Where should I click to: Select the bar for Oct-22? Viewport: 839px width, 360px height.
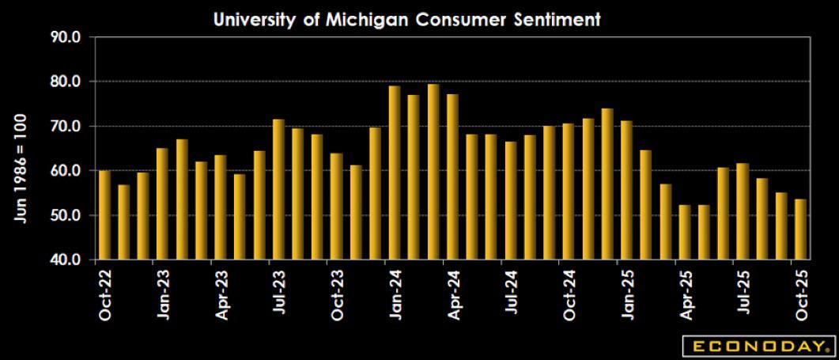(104, 214)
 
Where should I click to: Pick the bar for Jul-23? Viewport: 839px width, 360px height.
(278, 189)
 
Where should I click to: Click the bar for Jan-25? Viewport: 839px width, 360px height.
(626, 190)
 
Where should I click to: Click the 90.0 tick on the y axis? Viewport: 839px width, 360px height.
(65, 37)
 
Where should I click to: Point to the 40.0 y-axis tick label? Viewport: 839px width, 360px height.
(65, 260)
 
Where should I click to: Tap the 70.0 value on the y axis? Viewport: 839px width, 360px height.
(65, 127)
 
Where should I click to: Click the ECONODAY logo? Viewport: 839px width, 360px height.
(757, 346)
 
